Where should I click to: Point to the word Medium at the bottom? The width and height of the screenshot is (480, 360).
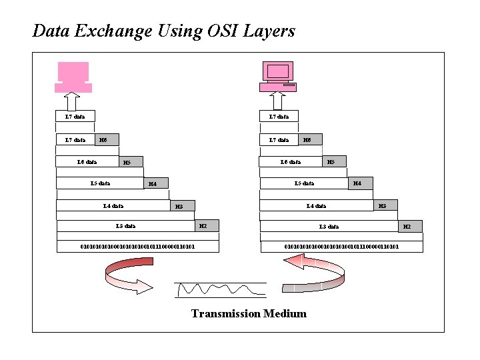285,313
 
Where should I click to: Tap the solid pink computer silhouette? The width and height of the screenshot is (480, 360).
73,77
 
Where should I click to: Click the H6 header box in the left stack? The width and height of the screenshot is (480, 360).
103,140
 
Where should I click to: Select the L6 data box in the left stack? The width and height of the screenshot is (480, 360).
87,161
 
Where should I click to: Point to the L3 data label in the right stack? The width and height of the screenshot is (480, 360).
329,227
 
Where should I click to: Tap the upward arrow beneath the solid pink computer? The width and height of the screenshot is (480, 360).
73,101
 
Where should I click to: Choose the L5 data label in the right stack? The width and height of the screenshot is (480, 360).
305,183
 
